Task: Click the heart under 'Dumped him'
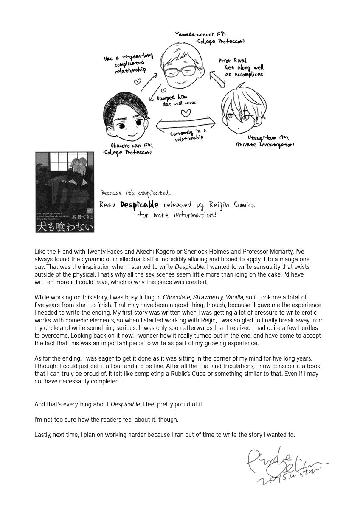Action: (185, 113)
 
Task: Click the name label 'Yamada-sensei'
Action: (191, 34)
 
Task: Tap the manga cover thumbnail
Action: (65, 192)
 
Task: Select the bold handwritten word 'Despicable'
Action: (139, 205)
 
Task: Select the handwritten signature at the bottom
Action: (284, 466)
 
